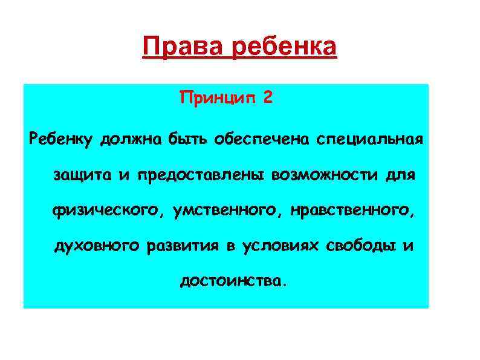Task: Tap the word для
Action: [x=402, y=175]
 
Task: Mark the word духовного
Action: [x=98, y=246]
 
